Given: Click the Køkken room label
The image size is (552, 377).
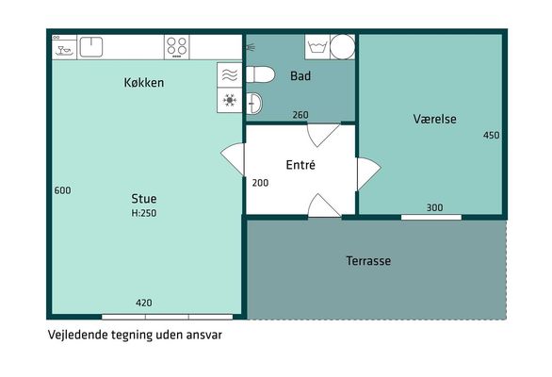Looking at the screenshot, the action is coord(143,82).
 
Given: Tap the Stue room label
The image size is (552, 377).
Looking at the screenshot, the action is coord(143,199).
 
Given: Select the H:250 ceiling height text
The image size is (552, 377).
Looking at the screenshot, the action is coord(143,213).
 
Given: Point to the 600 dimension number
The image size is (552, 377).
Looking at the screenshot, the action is coord(63,190).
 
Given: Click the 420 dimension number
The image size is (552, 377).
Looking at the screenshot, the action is coord(144,303).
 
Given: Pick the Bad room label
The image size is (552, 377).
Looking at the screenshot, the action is coord(300,75).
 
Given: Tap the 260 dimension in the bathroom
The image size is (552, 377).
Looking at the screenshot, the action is coord(300,115).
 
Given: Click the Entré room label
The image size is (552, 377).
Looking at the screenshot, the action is coord(300,165).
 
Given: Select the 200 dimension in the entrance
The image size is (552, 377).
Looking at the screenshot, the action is coord(260,183).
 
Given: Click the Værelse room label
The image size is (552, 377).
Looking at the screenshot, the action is coord(435,119).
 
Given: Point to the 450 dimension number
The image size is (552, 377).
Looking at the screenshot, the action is coord(491,136).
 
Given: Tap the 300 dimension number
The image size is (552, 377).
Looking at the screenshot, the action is coord(435,208).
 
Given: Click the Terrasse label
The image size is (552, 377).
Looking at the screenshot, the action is coord(368,261).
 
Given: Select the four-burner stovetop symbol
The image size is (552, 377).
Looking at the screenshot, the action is coord(177,47).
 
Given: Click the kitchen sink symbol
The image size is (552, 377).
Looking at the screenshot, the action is coord(91,47).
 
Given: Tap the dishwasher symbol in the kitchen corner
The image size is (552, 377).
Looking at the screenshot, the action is coord(64,47).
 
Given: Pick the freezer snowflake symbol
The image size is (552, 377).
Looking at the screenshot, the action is coord(230,101).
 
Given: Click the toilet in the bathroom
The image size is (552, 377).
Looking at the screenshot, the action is coord(260,74).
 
